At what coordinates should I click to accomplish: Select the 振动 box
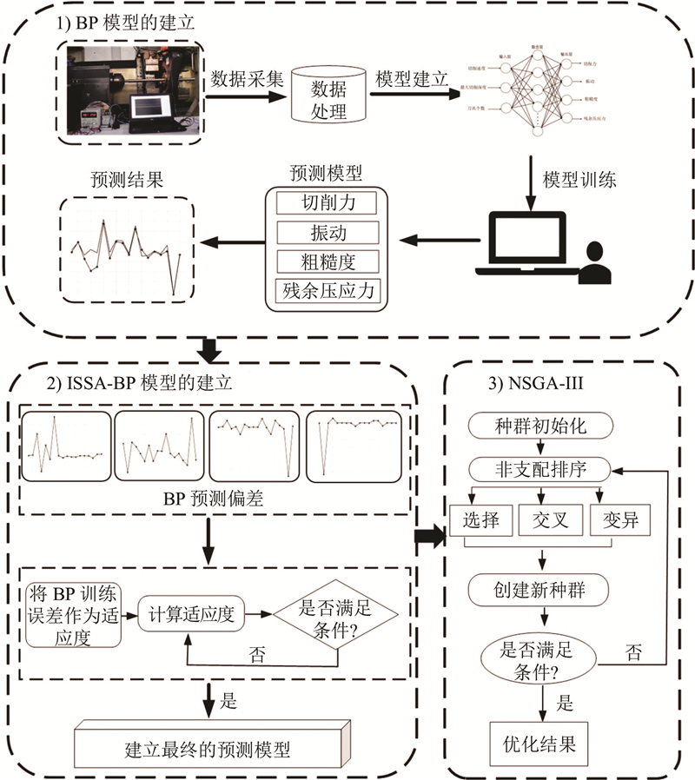click(328, 233)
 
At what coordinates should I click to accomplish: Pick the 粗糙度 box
click(328, 261)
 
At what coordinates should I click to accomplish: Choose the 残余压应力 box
click(328, 290)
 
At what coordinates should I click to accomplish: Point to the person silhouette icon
click(594, 265)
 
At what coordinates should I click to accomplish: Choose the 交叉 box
click(545, 522)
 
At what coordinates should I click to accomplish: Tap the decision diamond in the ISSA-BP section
click(335, 615)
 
